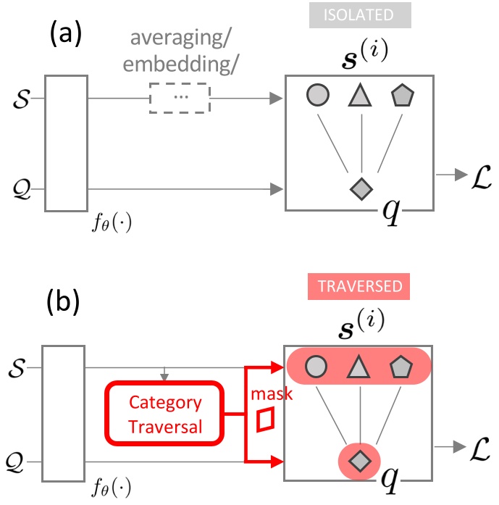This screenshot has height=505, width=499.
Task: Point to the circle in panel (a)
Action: (x=319, y=96)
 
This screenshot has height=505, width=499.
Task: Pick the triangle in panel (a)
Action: (x=360, y=96)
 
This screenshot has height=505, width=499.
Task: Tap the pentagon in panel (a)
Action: (x=401, y=96)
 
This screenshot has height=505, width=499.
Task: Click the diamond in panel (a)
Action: (x=360, y=188)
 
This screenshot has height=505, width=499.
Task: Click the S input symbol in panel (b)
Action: (x=22, y=370)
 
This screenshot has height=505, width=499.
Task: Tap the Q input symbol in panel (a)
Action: (x=22, y=190)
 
